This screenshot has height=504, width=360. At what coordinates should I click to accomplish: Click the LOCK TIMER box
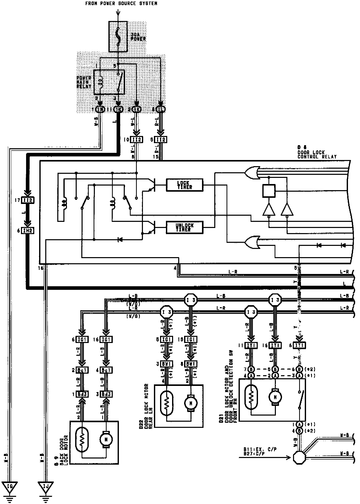coord(184,185)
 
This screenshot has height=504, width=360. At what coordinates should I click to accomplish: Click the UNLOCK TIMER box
coord(184,227)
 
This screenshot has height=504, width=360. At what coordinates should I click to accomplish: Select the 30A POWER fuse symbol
coord(118,36)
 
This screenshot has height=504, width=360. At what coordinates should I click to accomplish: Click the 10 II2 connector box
coord(137,140)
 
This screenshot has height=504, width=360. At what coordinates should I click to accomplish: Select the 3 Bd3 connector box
coord(106,394)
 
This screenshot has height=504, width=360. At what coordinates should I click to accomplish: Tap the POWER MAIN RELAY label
coord(84,82)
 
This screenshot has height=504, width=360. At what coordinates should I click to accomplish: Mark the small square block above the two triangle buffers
coord(269,191)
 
